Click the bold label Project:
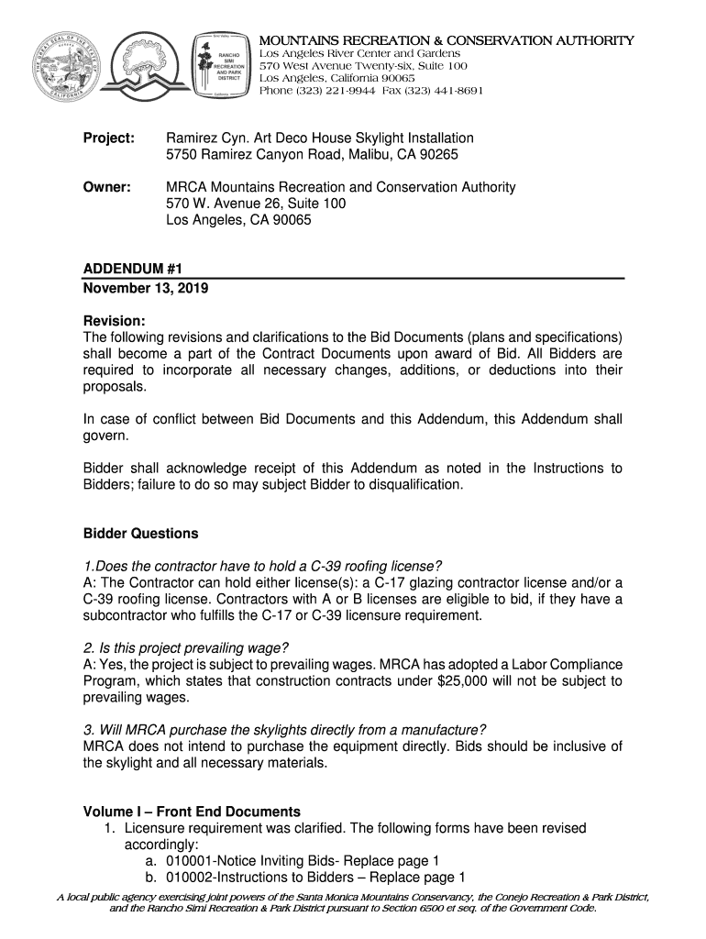109,138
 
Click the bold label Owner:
107,187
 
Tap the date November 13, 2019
146,288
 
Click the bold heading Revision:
115,321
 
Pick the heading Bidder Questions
140,534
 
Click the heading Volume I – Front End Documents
192,812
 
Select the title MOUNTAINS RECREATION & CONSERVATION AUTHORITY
447,41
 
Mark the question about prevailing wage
179,647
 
